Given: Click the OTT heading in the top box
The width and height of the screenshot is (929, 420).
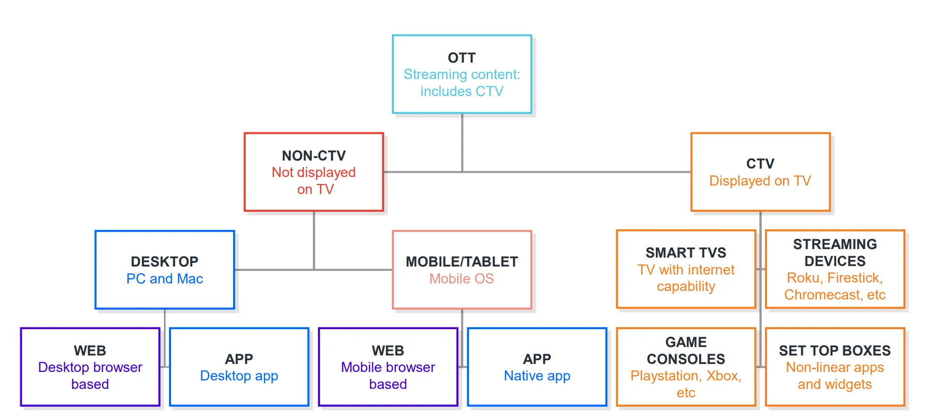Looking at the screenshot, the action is pyautogui.click(x=462, y=58).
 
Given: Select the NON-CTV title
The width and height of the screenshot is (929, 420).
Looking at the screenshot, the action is pyautogui.click(x=314, y=156).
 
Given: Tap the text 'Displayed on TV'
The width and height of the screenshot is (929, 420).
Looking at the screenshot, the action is pyautogui.click(x=760, y=181).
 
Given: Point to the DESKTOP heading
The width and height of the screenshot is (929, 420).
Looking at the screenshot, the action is pyautogui.click(x=164, y=262).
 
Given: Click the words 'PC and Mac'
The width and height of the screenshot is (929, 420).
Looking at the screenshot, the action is pyautogui.click(x=164, y=279).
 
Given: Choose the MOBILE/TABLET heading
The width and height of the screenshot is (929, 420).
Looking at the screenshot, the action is pyautogui.click(x=462, y=262).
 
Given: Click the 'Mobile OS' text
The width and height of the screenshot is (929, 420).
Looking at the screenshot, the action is pyautogui.click(x=462, y=279).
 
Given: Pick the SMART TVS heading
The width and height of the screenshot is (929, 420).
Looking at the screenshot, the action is pyautogui.click(x=686, y=253).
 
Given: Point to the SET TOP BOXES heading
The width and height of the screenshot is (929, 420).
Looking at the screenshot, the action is pyautogui.click(x=835, y=351).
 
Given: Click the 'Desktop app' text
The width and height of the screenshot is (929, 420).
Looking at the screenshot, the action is pyautogui.click(x=239, y=376).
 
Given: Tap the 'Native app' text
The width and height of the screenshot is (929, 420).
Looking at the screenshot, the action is pyautogui.click(x=537, y=376).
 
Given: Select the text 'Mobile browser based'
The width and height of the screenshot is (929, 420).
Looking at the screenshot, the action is pyautogui.click(x=388, y=376).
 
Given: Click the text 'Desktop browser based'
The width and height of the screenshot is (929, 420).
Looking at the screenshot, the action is pyautogui.click(x=90, y=376).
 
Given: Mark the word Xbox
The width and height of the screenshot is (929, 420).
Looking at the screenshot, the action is pyautogui.click(x=724, y=376).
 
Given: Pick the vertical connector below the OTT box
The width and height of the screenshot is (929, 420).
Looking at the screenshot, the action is pyautogui.click(x=462, y=143).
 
